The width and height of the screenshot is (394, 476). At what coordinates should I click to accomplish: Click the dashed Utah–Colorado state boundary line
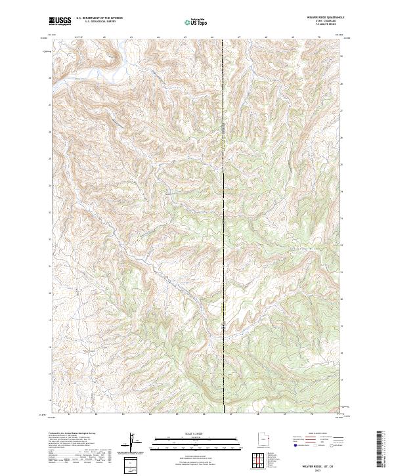(x=224, y=197)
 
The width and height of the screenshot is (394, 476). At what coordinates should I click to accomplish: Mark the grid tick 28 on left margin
(x=50, y=77)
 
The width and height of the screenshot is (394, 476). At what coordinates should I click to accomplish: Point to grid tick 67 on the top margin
(x=240, y=37)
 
